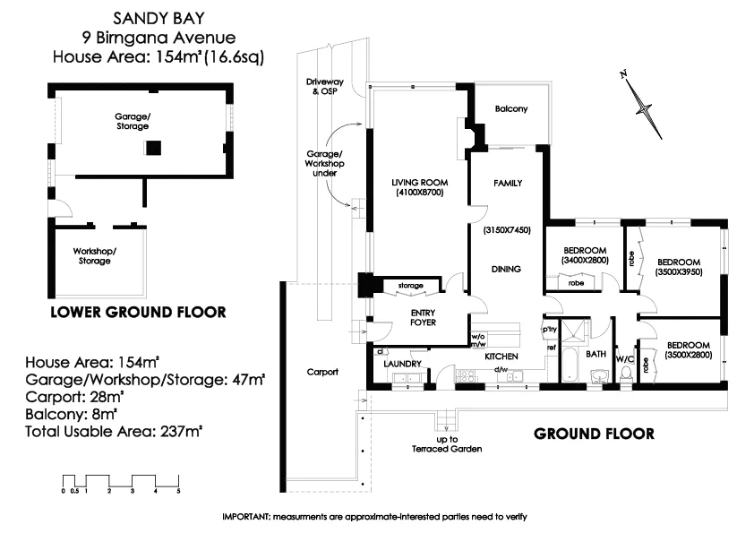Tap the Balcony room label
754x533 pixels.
click(x=510, y=109)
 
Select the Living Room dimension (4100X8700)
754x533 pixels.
click(x=417, y=193)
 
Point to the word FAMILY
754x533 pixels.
click(x=508, y=183)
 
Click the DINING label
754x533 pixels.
click(x=507, y=269)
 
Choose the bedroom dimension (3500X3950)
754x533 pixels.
click(x=679, y=271)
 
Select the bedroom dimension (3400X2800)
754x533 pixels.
click(x=586, y=260)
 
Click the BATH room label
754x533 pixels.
click(x=595, y=355)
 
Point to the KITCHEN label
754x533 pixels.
click(x=501, y=357)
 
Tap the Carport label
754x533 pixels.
click(x=321, y=372)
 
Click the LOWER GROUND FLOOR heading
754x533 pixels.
click(x=137, y=313)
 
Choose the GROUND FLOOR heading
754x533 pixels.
click(x=594, y=434)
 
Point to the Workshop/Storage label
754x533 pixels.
click(x=94, y=256)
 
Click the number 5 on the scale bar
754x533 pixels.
click(x=179, y=492)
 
